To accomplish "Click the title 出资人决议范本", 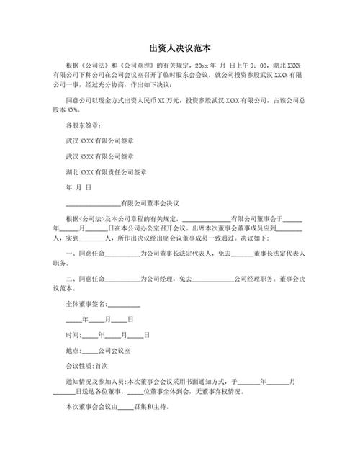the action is pyautogui.click(x=180, y=48).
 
